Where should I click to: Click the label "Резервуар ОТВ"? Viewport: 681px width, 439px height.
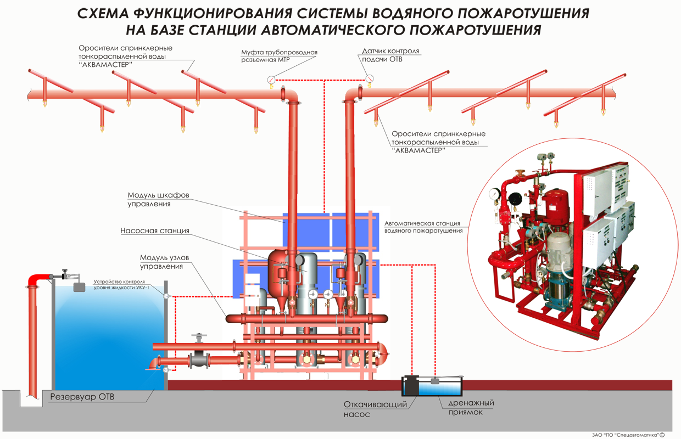tap(82, 397)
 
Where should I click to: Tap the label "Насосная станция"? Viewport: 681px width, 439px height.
tap(155, 231)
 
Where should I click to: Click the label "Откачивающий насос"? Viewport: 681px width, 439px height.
tap(376, 409)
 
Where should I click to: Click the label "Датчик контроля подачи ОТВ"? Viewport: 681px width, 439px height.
tap(390, 55)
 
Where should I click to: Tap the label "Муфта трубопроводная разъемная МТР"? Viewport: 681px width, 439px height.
tap(279, 56)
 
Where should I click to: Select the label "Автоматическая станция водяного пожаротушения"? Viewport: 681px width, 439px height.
tap(422, 227)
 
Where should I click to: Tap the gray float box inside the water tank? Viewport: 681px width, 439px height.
tap(79, 286)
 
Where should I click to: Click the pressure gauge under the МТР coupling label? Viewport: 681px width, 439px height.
tap(271, 79)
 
